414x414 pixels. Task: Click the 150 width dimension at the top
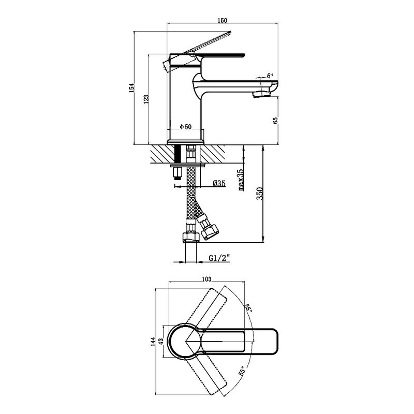[x=223, y=20]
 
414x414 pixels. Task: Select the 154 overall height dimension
[x=131, y=88]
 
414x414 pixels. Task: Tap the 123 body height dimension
[x=146, y=99]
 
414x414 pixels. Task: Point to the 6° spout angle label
[x=270, y=76]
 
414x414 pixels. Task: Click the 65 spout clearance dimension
[x=275, y=121]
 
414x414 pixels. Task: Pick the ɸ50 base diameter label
[x=186, y=127]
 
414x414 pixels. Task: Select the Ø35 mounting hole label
[x=219, y=183]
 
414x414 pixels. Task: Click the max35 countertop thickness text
[x=241, y=180]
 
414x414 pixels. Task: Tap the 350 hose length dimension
[x=260, y=194]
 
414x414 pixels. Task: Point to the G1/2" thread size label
[x=219, y=258]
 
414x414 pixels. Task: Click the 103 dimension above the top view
[x=206, y=279]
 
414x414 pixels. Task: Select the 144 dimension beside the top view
[x=153, y=342]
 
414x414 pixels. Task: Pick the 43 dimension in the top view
[x=162, y=341]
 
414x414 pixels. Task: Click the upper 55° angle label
[x=248, y=308]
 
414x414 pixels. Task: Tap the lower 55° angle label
[x=242, y=371]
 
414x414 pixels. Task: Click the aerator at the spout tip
[x=262, y=94]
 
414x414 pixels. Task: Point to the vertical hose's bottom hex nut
[x=190, y=237]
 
